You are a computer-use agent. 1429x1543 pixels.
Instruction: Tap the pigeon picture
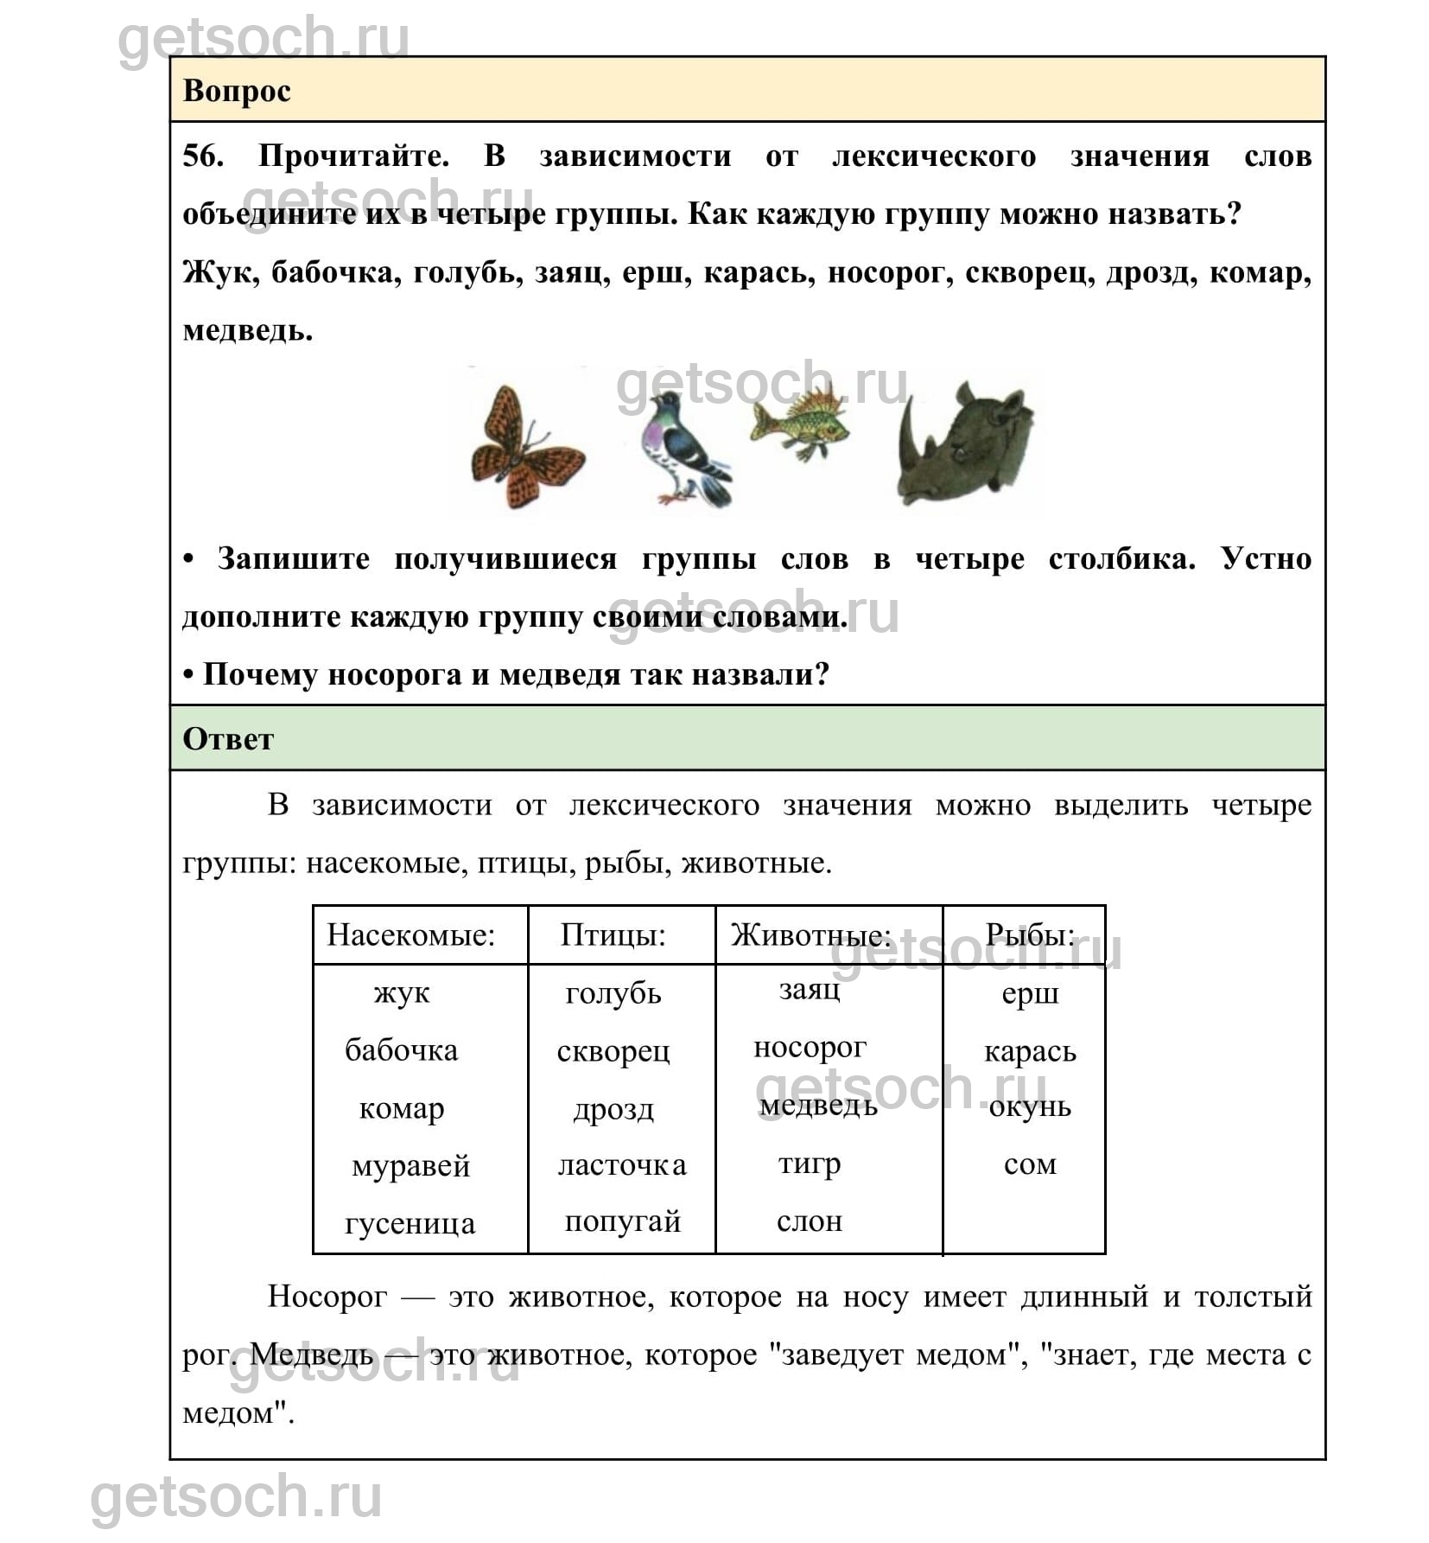coord(683,450)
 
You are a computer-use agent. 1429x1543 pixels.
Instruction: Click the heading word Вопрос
coord(237,91)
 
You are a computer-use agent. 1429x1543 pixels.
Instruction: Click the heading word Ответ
coord(228,739)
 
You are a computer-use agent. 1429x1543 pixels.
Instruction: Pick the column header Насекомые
coord(410,935)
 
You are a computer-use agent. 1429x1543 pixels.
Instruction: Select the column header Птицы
coord(613,935)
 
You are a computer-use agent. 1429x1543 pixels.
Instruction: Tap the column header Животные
coord(810,935)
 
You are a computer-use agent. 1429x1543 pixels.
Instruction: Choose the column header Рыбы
coord(1030,935)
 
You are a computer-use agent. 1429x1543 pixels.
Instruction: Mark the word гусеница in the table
coord(410,1223)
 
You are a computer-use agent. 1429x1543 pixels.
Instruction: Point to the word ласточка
coord(622,1165)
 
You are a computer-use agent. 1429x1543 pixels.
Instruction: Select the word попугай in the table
coord(622,1221)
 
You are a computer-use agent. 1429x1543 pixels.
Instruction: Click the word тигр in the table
coord(810,1164)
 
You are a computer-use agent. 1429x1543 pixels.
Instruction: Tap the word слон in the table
coord(810,1221)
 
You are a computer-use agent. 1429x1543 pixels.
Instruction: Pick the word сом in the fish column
coord(1030,1164)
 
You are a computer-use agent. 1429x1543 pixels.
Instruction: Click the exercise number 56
coord(203,156)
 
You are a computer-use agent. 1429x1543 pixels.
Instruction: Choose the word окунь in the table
coord(1030,1107)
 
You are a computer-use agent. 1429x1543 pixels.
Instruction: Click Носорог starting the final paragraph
coord(327,1297)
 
